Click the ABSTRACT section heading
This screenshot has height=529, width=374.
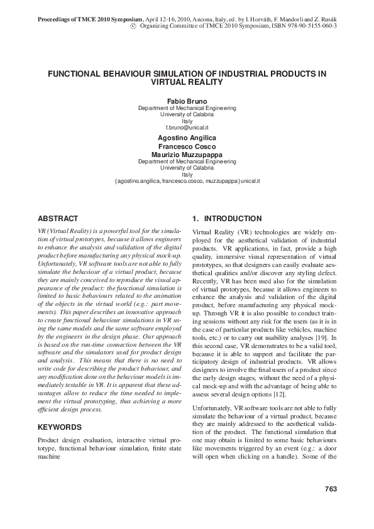[x=58, y=219]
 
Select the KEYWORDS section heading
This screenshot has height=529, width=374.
[x=60, y=427]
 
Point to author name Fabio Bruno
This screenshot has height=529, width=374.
[x=187, y=101]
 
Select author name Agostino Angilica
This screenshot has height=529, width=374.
[x=187, y=136]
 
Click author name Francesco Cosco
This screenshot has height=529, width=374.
[x=187, y=145]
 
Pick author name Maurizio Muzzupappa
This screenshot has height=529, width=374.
[x=187, y=154]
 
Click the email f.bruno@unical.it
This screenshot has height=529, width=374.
[x=187, y=128]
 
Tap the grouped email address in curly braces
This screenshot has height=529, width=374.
[x=187, y=181]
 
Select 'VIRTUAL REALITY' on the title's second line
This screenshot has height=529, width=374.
[x=187, y=82]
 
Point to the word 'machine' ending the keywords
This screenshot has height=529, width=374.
[x=52, y=457]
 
